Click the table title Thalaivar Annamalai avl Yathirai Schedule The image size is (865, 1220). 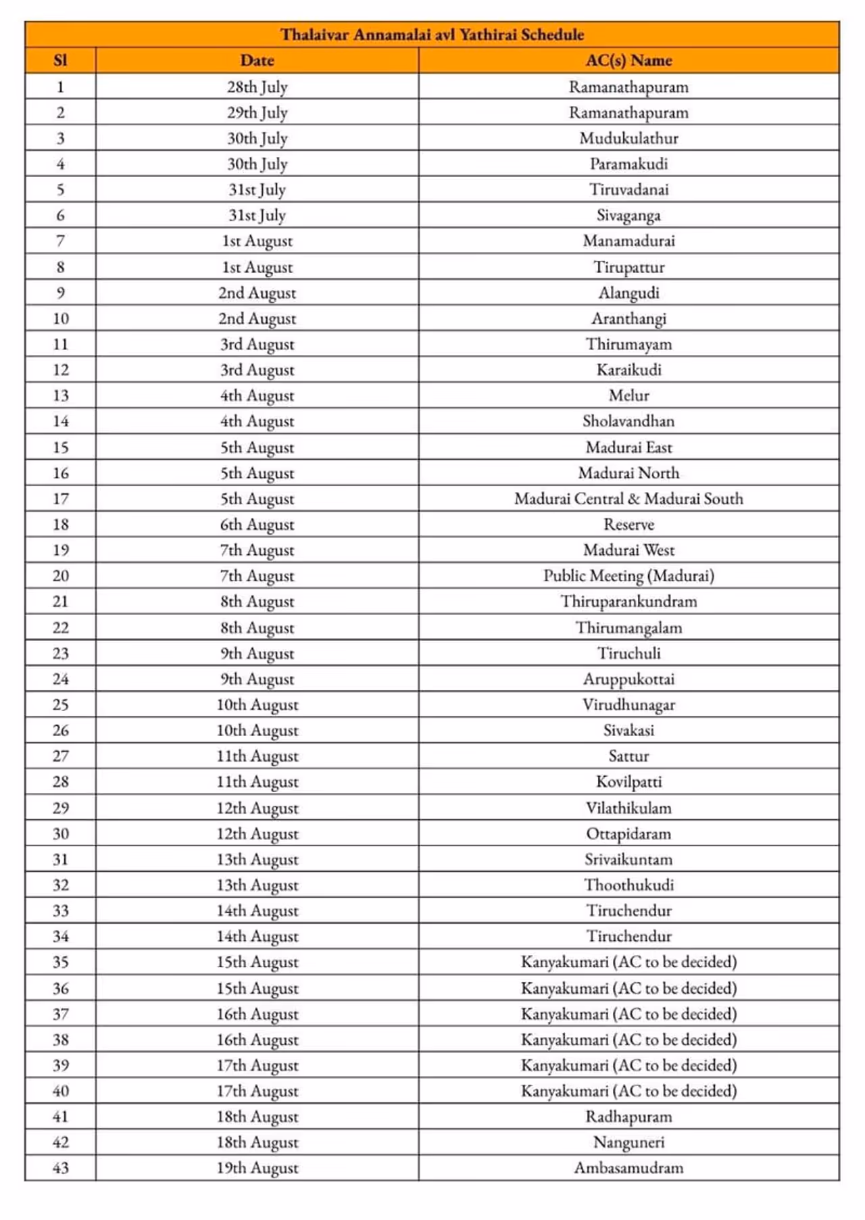pyautogui.click(x=432, y=34)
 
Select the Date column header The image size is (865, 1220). pyautogui.click(x=257, y=60)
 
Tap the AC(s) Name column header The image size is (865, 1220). pyautogui.click(x=628, y=60)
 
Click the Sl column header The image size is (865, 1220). pyautogui.click(x=60, y=60)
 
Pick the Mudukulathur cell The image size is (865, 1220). pyautogui.click(x=628, y=138)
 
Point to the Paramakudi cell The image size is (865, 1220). pyautogui.click(x=628, y=164)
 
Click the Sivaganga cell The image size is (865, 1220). pyautogui.click(x=628, y=215)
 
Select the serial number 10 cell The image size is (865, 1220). pyautogui.click(x=60, y=318)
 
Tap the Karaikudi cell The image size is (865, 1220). pyautogui.click(x=628, y=370)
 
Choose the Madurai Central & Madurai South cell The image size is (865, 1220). pyautogui.click(x=628, y=499)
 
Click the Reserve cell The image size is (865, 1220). pyautogui.click(x=628, y=524)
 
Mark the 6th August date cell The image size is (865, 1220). pyautogui.click(x=257, y=524)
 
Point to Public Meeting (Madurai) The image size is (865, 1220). pyautogui.click(x=628, y=576)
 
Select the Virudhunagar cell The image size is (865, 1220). pyautogui.click(x=628, y=704)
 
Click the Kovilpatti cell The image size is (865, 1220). pyautogui.click(x=628, y=782)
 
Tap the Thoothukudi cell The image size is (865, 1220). pyautogui.click(x=628, y=885)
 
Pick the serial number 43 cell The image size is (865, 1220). pyautogui.click(x=60, y=1168)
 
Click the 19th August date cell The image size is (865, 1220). pyautogui.click(x=257, y=1168)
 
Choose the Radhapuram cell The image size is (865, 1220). pyautogui.click(x=628, y=1117)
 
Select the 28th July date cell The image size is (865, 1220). pyautogui.click(x=257, y=87)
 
